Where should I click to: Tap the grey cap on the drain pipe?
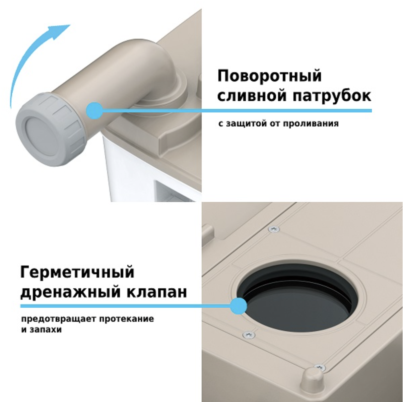tap(50, 130)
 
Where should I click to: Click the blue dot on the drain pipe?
tap(94, 111)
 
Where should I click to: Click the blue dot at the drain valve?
tap(239, 306)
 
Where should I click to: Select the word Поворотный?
tap(269, 77)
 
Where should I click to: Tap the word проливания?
tap(311, 124)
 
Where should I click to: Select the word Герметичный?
tap(77, 272)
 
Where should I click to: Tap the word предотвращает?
tap(59, 319)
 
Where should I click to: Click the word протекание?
tap(127, 319)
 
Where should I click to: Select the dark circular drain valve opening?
tap(297, 299)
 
